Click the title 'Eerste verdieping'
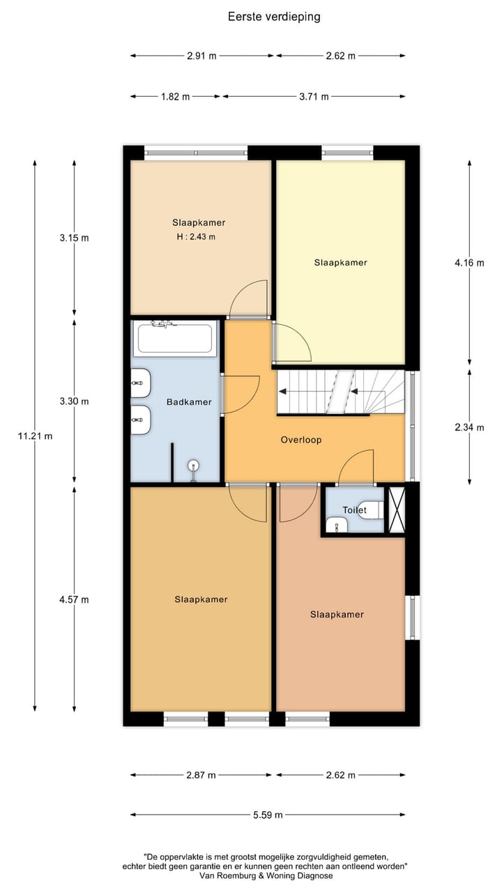click(274, 17)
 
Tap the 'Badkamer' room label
click(189, 402)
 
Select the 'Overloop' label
click(301, 440)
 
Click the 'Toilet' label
click(354, 510)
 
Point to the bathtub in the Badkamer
click(176, 338)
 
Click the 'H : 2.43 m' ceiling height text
click(196, 237)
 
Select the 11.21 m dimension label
click(35, 436)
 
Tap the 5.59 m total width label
click(268, 815)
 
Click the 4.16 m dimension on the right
click(469, 263)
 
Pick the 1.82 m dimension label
click(175, 97)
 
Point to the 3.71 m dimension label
click(314, 97)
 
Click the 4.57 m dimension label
click(75, 599)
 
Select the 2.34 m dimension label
click(469, 427)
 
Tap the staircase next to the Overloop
click(340, 392)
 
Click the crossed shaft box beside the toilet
click(396, 509)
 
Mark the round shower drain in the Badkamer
click(194, 466)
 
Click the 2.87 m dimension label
click(201, 775)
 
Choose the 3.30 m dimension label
click(75, 401)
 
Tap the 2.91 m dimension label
click(201, 56)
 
